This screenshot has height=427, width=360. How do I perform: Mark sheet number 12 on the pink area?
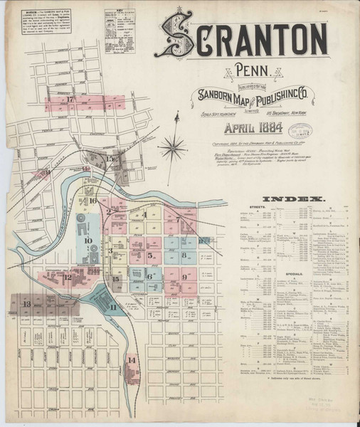pyautogui.click(x=68, y=277)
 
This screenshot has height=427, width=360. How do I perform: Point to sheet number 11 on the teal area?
pyautogui.click(x=112, y=306)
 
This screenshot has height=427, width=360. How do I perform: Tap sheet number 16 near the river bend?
pyautogui.click(x=92, y=201)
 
